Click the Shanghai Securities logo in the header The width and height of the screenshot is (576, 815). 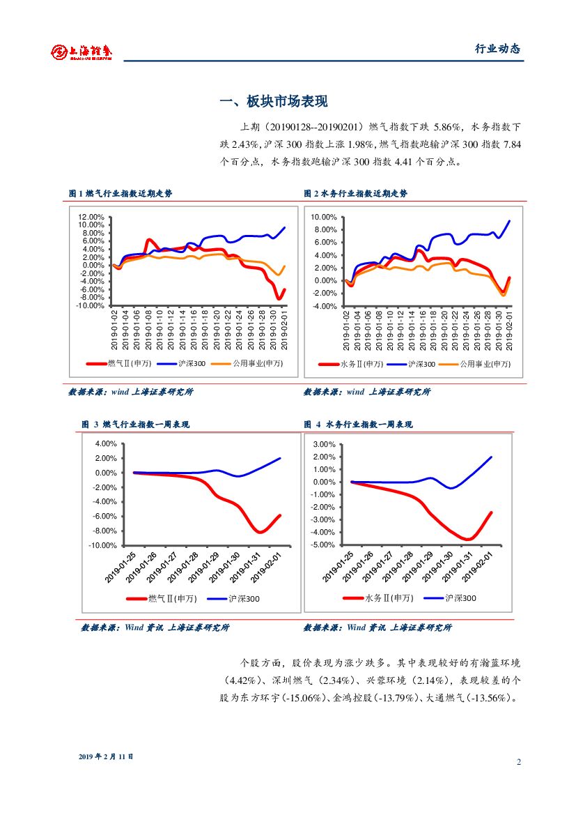(81, 52)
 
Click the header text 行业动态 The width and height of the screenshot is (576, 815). (497, 49)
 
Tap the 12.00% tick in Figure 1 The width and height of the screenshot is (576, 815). (91, 217)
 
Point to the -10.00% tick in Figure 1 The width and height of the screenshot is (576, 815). (89, 305)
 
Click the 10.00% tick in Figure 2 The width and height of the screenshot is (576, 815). (324, 217)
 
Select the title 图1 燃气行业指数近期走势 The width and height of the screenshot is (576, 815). (120, 193)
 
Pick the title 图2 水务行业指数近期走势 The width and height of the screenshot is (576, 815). (356, 193)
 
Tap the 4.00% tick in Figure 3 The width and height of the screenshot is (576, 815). (105, 443)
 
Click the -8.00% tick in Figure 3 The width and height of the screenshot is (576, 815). (104, 531)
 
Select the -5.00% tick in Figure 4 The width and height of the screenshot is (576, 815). (324, 544)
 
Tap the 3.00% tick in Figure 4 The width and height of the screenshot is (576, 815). (325, 444)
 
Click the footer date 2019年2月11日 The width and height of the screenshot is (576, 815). (106, 756)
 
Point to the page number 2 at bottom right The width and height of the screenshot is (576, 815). (519, 761)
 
